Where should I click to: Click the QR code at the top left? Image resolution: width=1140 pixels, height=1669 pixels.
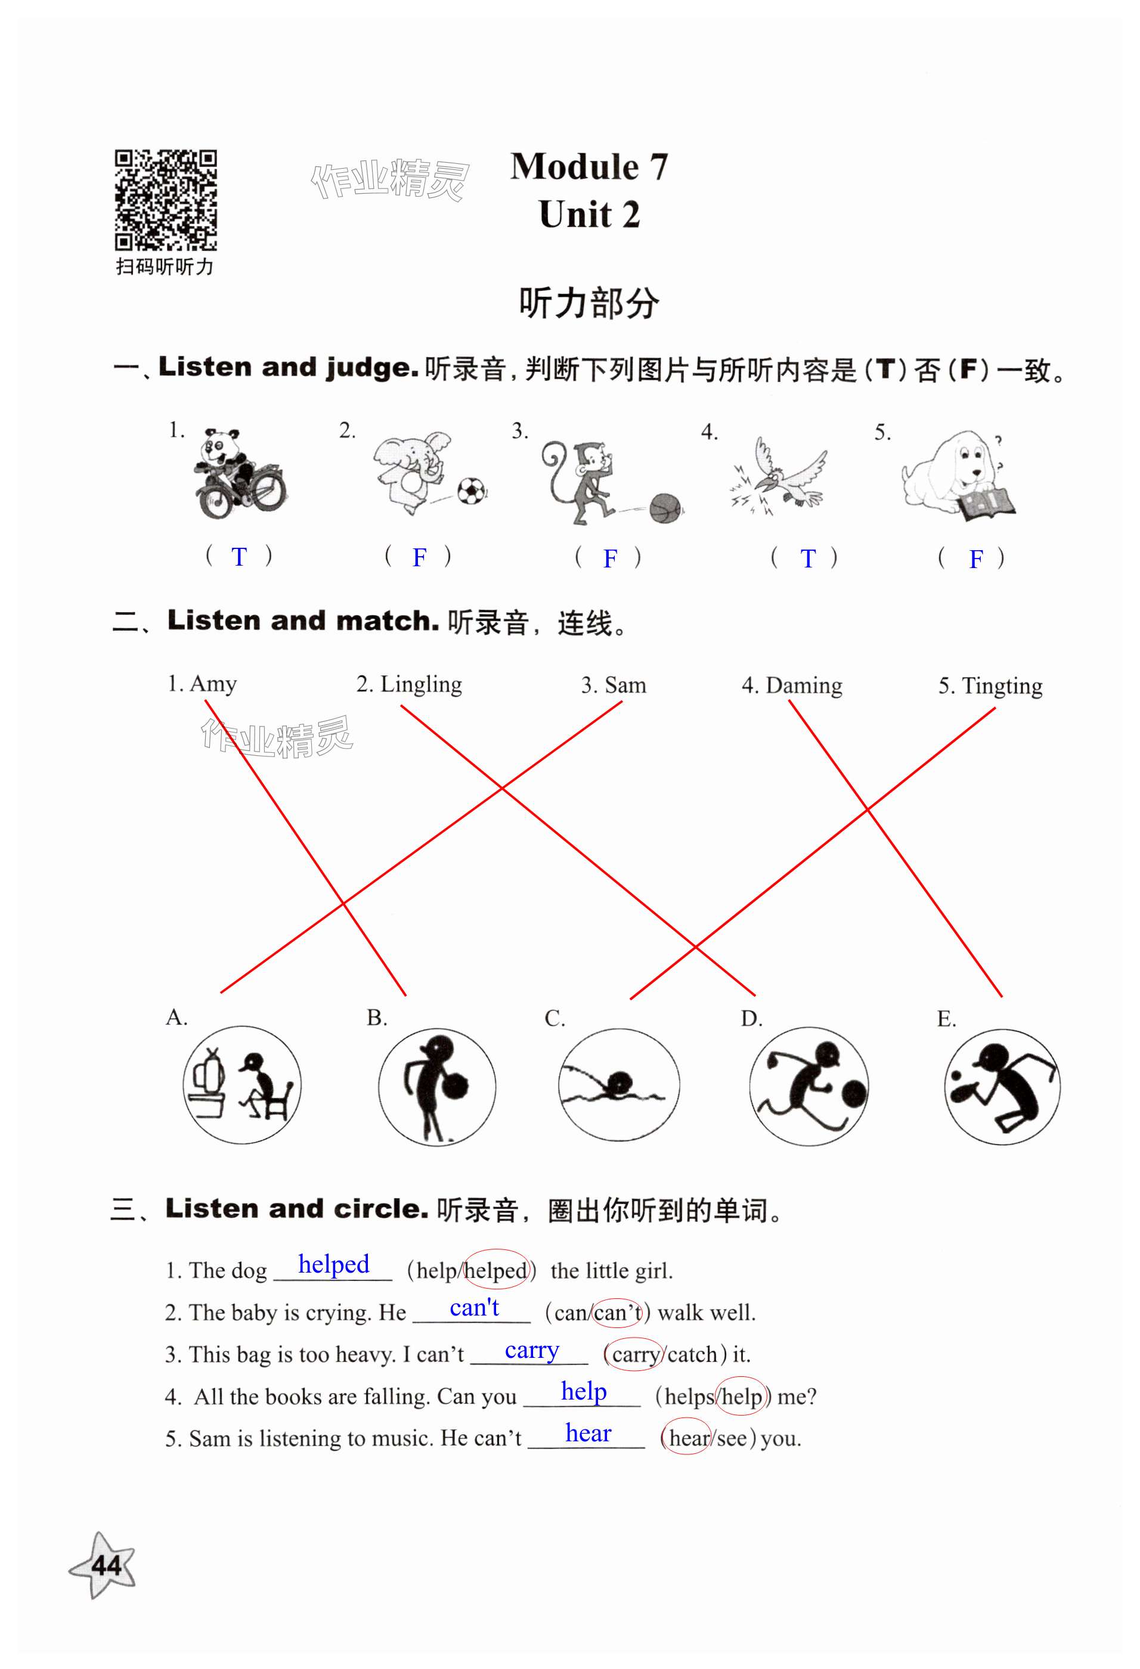tap(166, 200)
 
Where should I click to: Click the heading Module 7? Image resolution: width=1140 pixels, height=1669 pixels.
tap(589, 167)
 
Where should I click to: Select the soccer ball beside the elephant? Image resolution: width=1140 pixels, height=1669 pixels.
tap(472, 491)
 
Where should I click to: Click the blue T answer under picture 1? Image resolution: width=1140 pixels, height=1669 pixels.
tap(239, 557)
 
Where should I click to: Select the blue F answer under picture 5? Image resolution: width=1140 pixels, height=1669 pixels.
tap(975, 559)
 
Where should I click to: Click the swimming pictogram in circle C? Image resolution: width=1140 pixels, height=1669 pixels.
tap(618, 1084)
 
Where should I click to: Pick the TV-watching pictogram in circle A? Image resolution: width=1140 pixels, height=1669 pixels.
tap(242, 1085)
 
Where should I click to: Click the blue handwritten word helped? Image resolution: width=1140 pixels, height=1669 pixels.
tap(333, 1264)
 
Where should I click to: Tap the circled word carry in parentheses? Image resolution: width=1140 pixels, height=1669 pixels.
tap(634, 1354)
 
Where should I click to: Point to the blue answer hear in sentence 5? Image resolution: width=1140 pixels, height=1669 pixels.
tap(588, 1434)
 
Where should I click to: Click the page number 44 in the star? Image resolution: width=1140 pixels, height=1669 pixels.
tap(106, 1566)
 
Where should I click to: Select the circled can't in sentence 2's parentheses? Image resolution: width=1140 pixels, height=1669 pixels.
tap(618, 1313)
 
